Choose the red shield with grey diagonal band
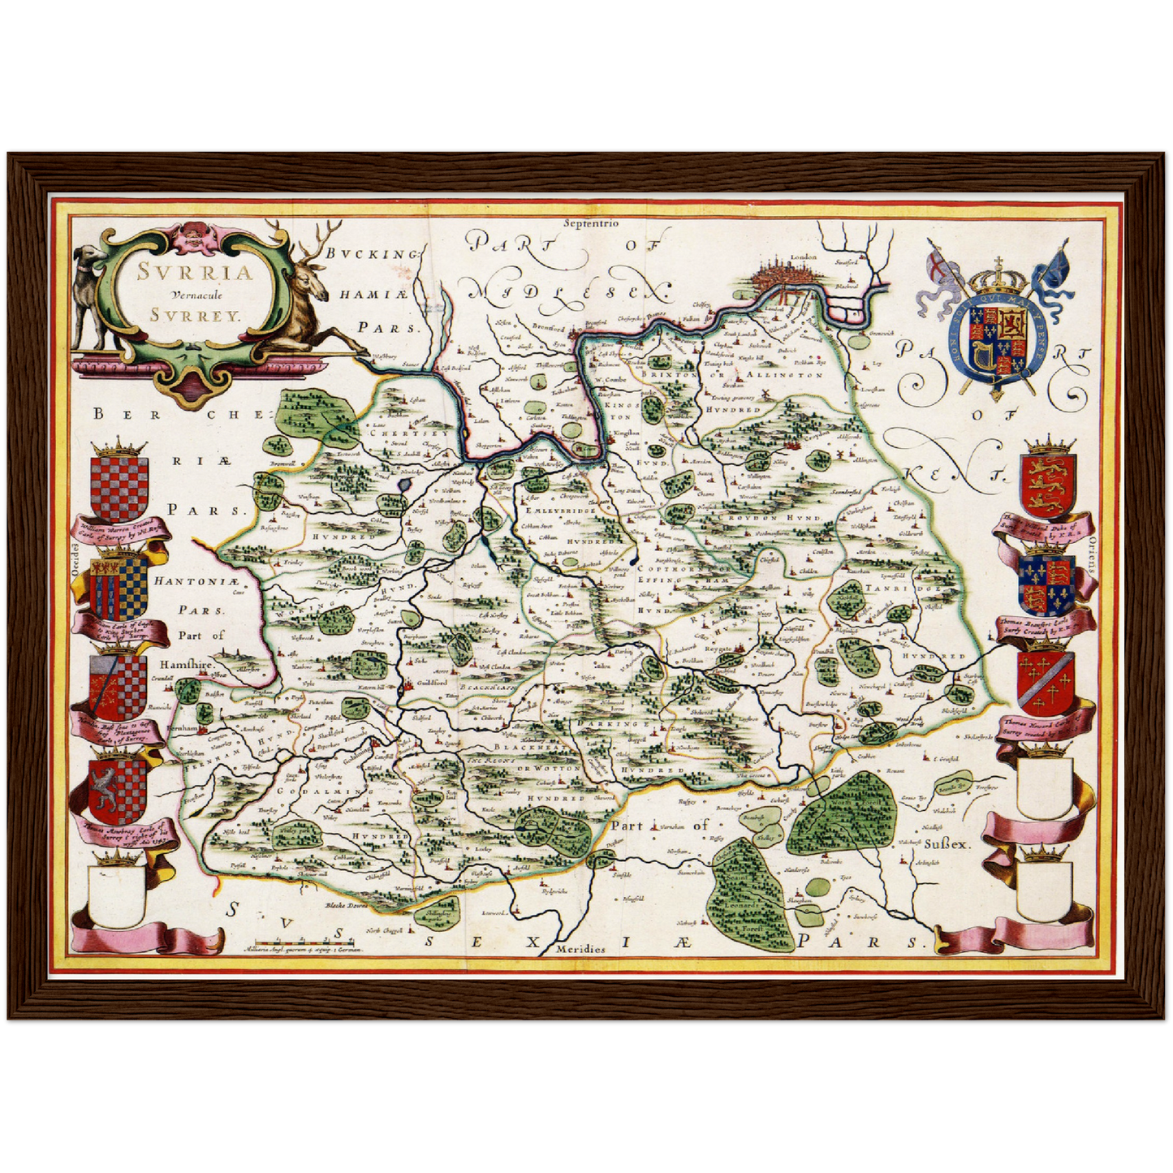pos(1046,682)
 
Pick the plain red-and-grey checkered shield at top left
pos(119,488)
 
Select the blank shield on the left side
pos(118,893)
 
